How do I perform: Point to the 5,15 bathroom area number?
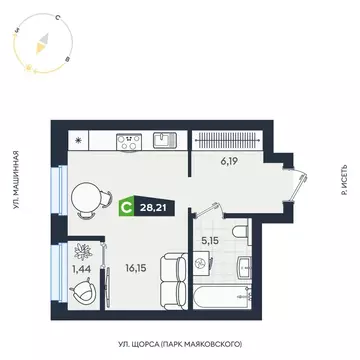[211, 239]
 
